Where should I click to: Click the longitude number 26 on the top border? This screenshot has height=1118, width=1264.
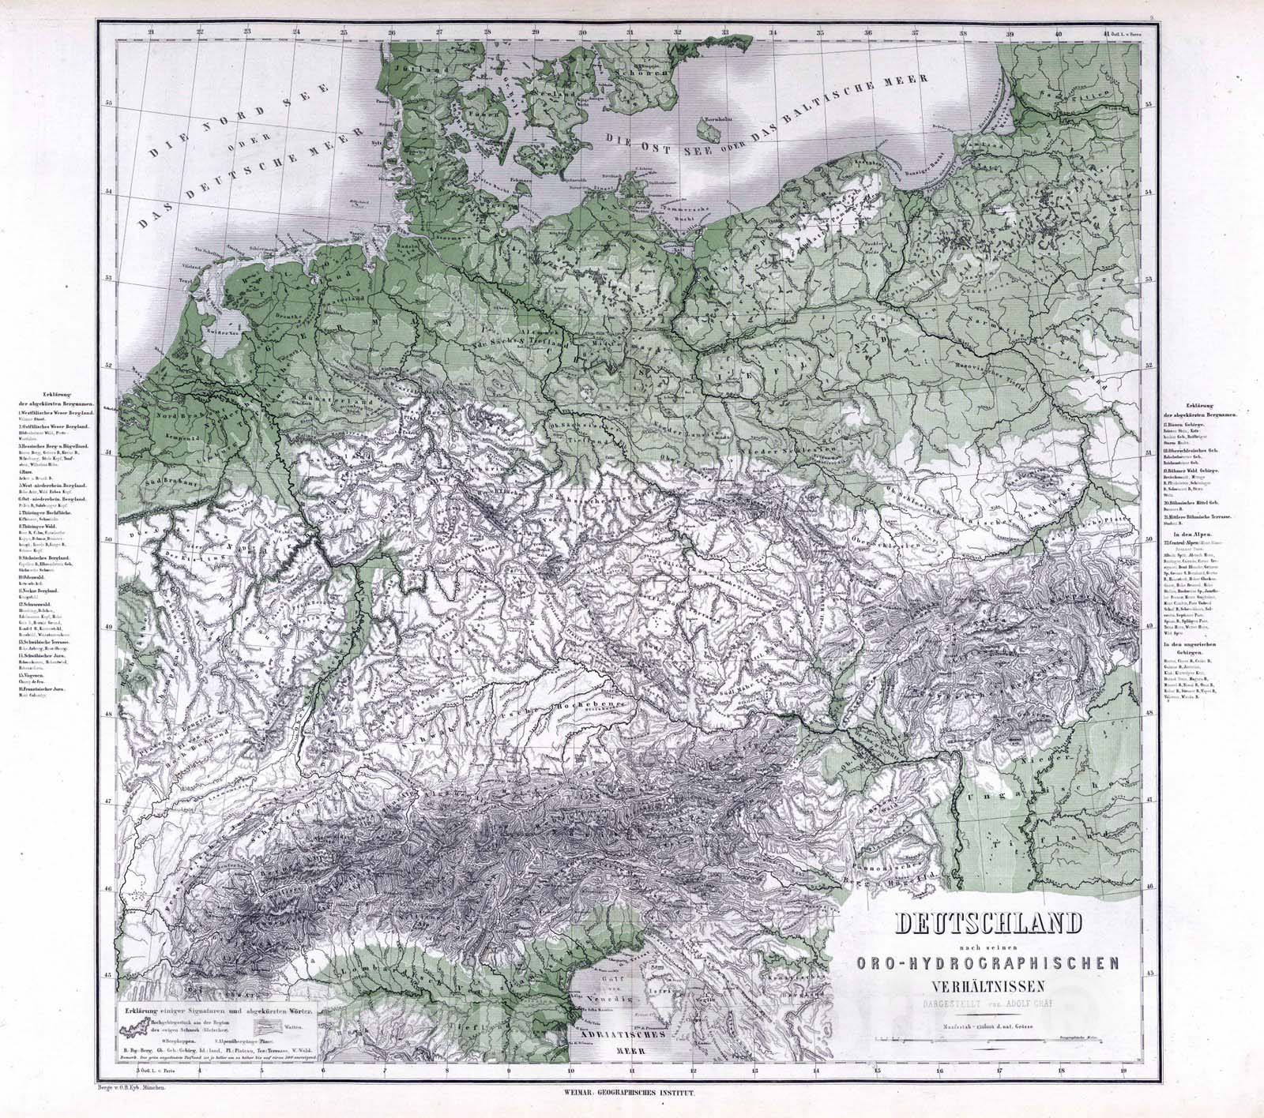tap(392, 32)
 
